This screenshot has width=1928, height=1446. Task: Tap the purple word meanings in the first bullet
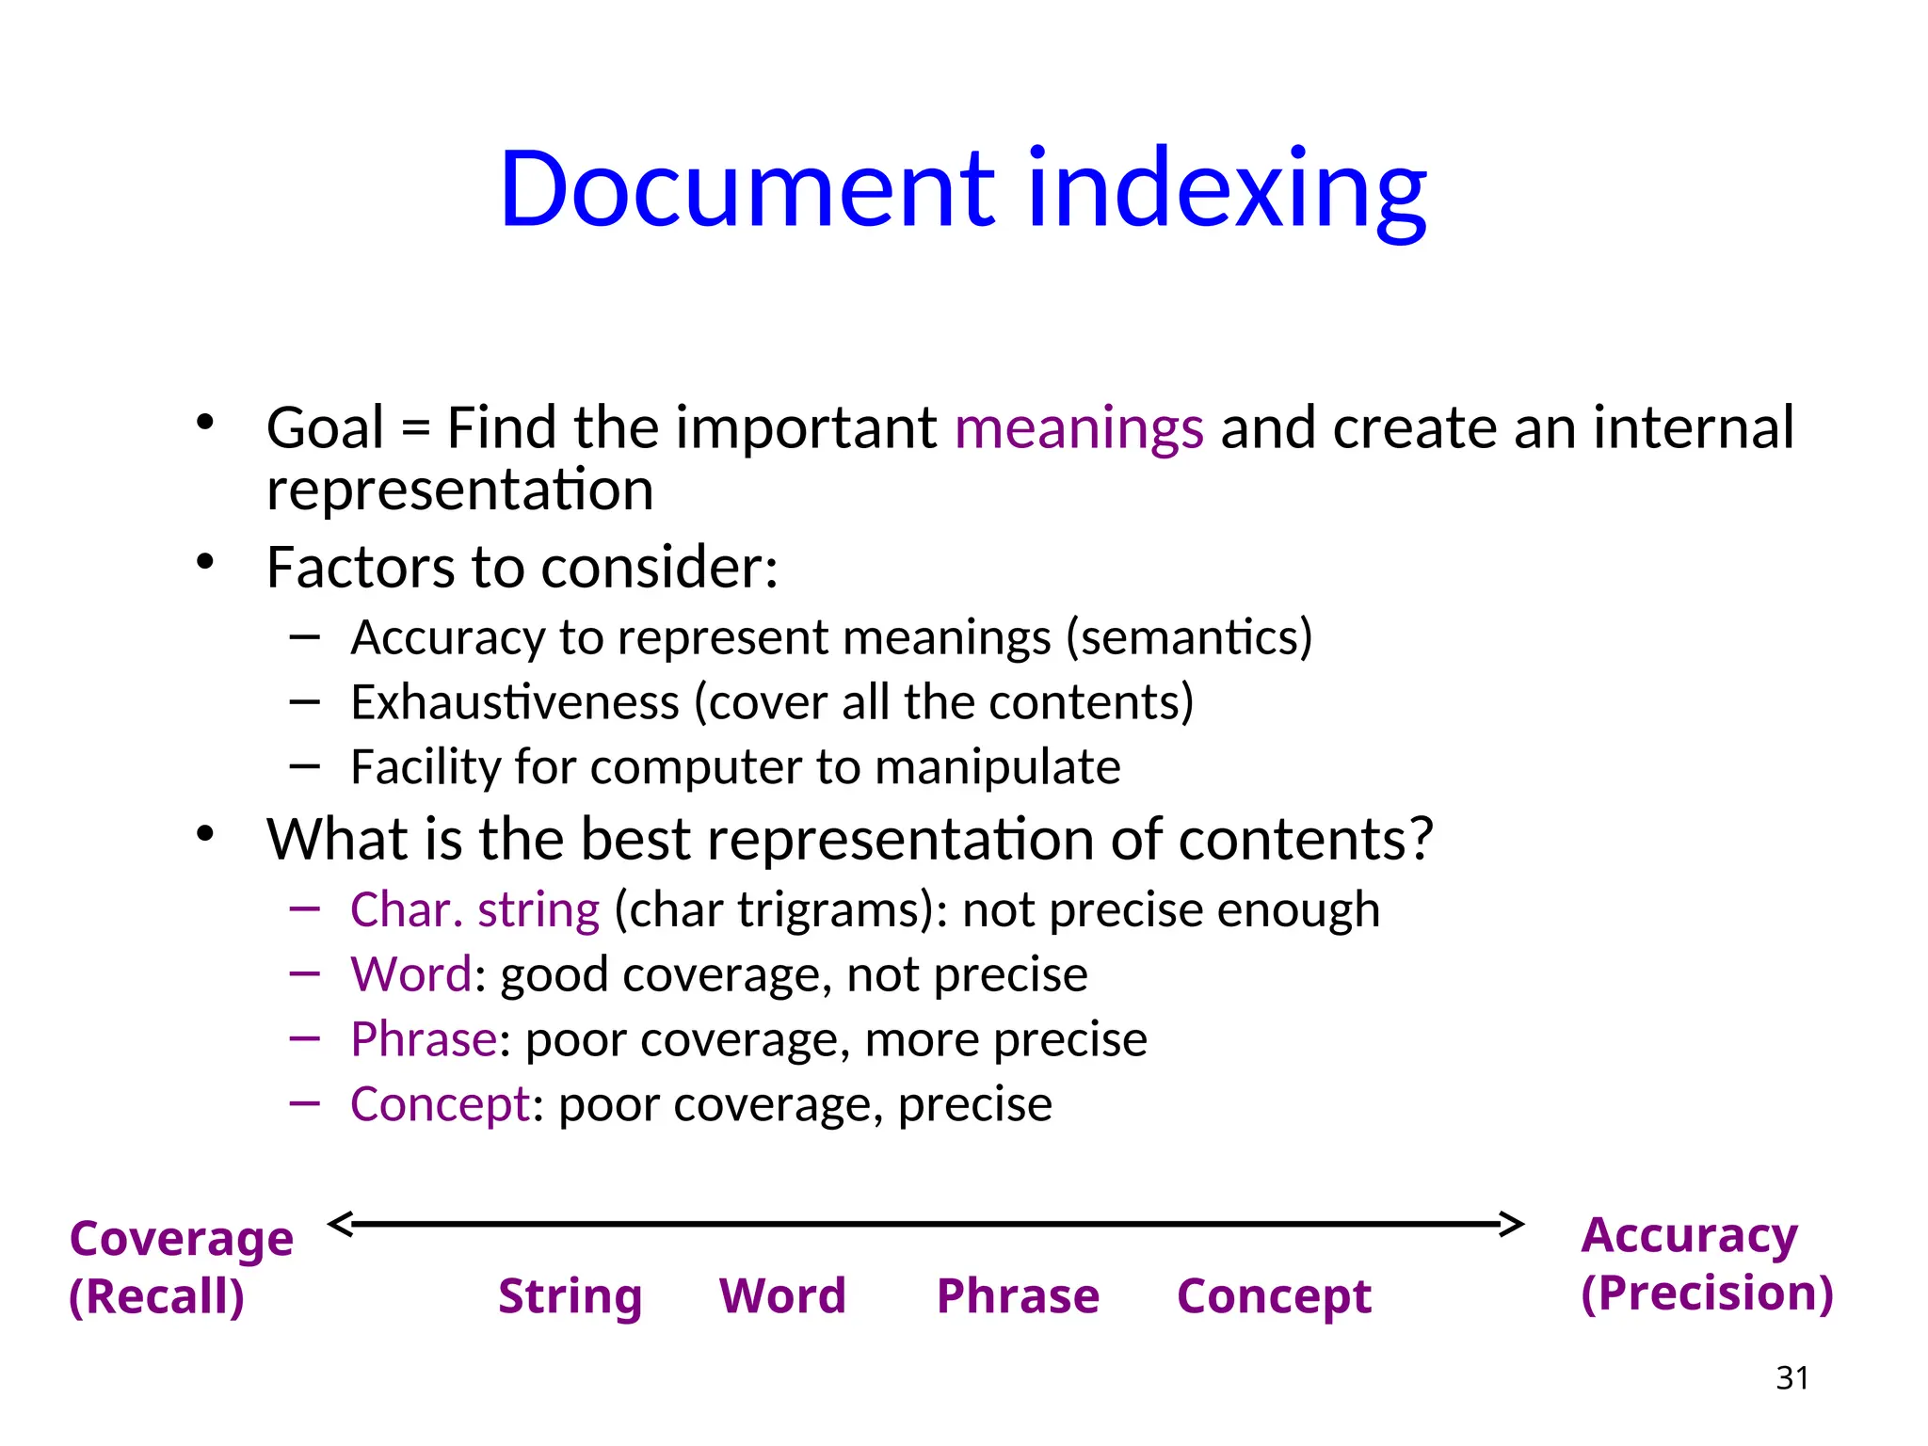(1079, 428)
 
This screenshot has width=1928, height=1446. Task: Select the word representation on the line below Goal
(459, 490)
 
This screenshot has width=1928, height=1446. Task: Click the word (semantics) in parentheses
(1189, 637)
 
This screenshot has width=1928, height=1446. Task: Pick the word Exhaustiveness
(515, 702)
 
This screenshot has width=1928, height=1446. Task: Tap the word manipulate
(998, 767)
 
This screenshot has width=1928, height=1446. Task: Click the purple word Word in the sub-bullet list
(410, 974)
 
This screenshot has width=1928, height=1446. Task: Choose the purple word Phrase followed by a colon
(424, 1039)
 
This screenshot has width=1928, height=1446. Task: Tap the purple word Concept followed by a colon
(440, 1104)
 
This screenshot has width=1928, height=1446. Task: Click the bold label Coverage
(181, 1239)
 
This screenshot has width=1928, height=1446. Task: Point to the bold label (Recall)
(156, 1296)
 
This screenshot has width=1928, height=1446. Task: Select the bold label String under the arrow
(570, 1296)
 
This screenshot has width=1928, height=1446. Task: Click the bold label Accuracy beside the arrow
(1689, 1235)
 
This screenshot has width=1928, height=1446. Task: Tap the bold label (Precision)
(1707, 1293)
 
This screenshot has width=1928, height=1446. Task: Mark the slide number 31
(1791, 1378)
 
